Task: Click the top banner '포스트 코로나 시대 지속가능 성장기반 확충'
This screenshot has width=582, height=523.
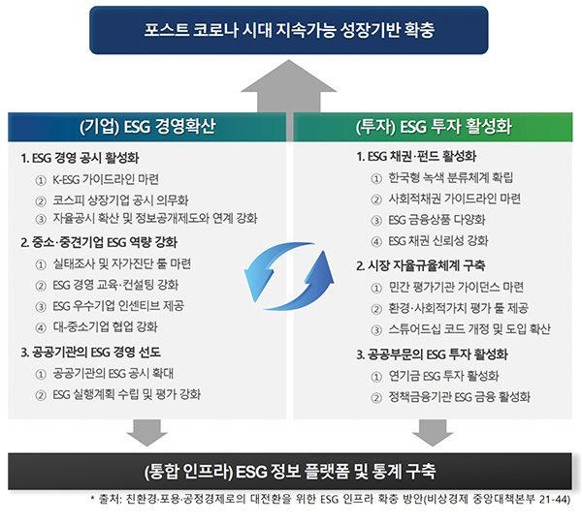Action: coord(290,28)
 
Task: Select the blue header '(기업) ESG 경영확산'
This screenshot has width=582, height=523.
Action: coord(147,127)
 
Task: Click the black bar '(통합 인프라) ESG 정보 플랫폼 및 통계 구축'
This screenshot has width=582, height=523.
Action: coord(291,472)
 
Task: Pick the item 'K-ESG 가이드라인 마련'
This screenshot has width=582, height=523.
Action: coord(105,179)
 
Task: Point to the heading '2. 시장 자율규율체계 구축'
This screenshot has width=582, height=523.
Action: coord(420,264)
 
